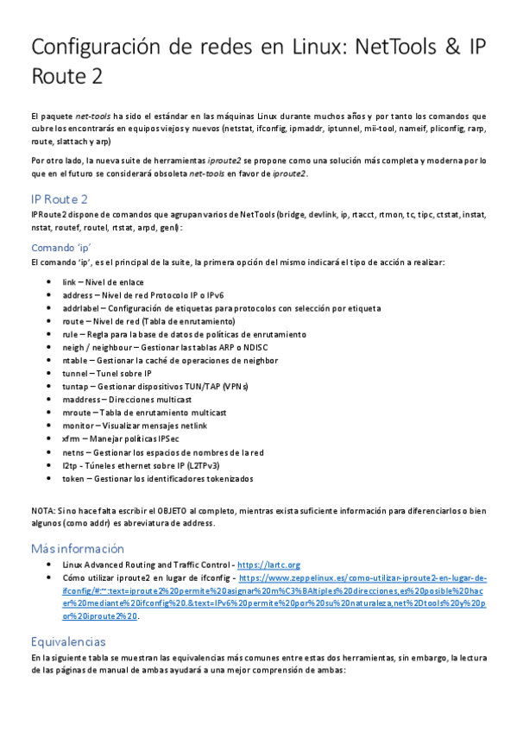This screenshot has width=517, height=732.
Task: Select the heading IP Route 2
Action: (59, 199)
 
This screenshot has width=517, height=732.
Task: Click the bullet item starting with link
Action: (103, 282)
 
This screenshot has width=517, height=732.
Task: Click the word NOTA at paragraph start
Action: (43, 511)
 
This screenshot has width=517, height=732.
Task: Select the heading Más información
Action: (77, 549)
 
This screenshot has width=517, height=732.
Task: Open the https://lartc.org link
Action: (268, 565)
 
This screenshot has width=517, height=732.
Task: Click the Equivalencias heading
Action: (68, 618)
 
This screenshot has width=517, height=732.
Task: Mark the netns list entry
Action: (163, 451)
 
